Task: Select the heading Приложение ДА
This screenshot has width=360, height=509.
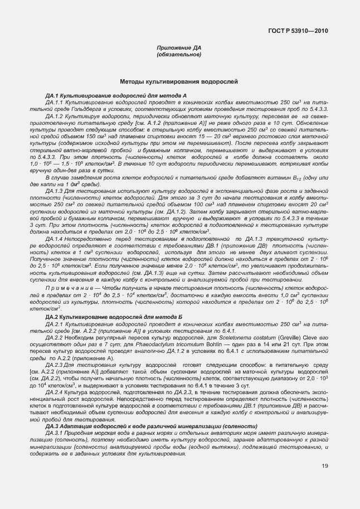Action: (179, 49)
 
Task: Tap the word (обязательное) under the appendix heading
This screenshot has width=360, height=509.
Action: (179, 55)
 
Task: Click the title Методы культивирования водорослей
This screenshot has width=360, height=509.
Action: (179, 82)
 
